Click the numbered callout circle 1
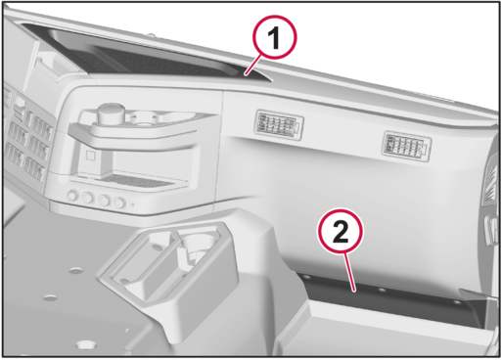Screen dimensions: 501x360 pyautogui.click(x=275, y=38)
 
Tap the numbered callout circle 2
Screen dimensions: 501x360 pyautogui.click(x=341, y=232)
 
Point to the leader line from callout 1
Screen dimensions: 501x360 pyautogui.click(x=253, y=66)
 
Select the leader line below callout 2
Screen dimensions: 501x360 pyautogui.click(x=350, y=272)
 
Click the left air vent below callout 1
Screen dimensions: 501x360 pyautogui.click(x=279, y=125)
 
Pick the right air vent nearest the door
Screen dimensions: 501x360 pyautogui.click(x=406, y=147)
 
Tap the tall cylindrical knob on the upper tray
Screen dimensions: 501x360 pyautogui.click(x=112, y=112)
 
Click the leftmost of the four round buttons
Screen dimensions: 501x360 pyautogui.click(x=72, y=196)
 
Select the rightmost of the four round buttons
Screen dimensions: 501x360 pyautogui.click(x=119, y=202)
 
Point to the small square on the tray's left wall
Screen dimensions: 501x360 pyautogui.click(x=90, y=156)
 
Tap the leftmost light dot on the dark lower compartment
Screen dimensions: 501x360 pyautogui.click(x=306, y=277)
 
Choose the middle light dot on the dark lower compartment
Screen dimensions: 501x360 pyautogui.click(x=383, y=290)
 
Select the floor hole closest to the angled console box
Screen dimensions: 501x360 pyautogui.click(x=76, y=270)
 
